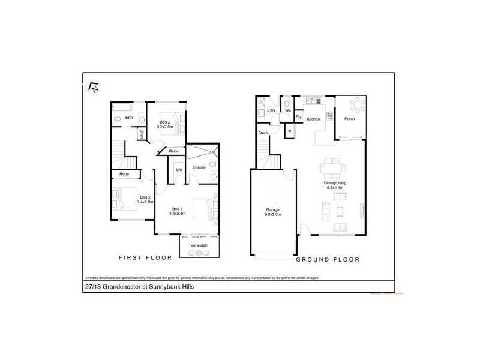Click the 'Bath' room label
coord(128,118)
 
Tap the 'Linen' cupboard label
coord(142,135)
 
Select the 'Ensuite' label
coord(199,167)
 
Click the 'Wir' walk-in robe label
coord(179,170)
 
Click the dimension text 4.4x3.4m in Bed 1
coord(178,214)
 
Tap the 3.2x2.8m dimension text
coord(165,127)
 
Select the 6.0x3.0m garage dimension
coord(273,215)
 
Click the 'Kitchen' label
coord(313,119)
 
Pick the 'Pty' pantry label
coord(298,116)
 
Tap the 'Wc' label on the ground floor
coord(288,110)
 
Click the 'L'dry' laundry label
coord(271,110)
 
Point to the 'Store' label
coord(262,133)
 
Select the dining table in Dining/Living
coord(332,166)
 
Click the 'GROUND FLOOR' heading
coord(328,260)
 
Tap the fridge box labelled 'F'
coord(289,131)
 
